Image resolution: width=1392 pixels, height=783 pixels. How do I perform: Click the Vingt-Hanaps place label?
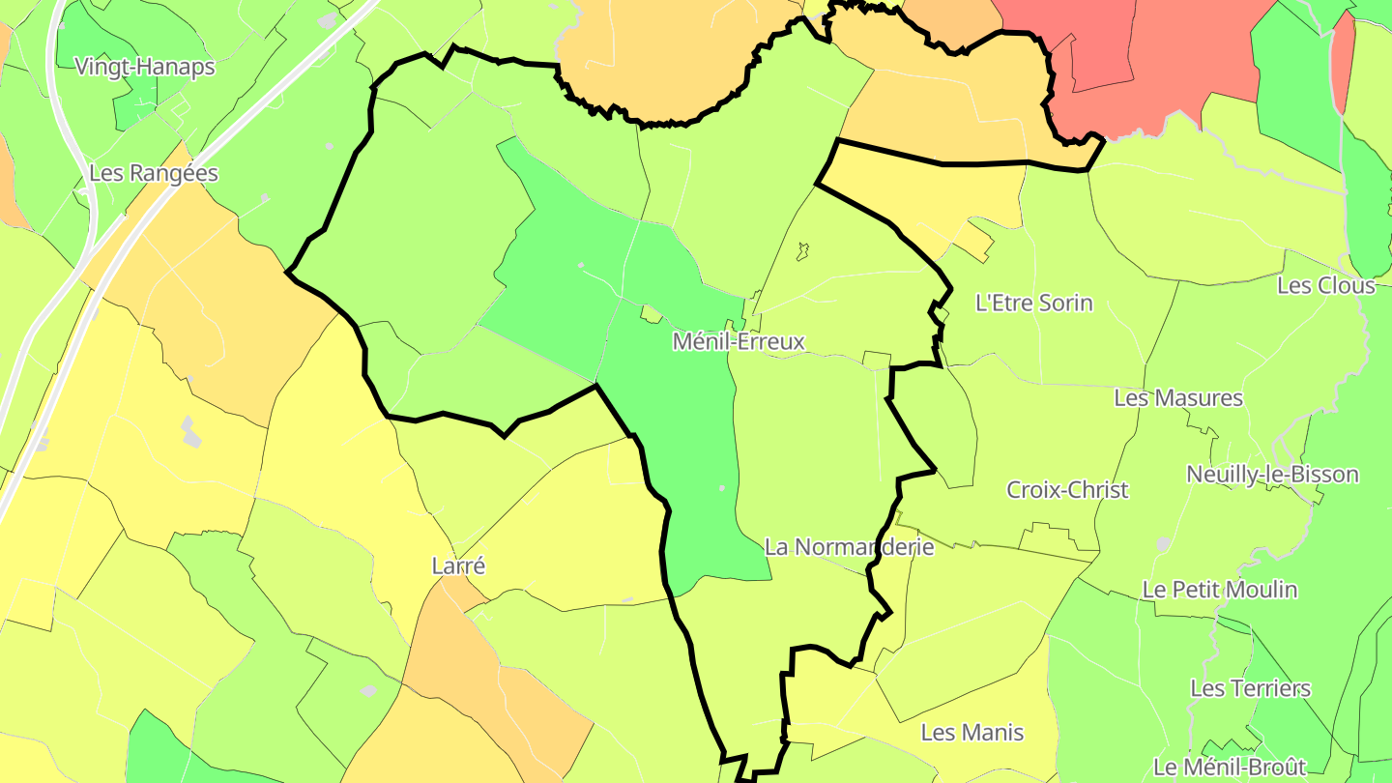tap(145, 67)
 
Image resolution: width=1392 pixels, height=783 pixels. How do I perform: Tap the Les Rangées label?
tap(154, 173)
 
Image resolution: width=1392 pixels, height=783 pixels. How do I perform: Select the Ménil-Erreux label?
tap(739, 341)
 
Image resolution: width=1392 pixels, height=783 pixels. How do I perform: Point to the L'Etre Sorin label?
tap(1034, 303)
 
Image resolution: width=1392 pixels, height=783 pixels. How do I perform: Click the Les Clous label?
tap(1325, 285)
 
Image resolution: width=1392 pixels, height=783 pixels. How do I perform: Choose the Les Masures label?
tap(1178, 397)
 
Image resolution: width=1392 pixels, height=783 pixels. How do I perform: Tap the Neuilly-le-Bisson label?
tap(1272, 474)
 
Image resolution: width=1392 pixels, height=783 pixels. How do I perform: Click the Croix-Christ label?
tap(1067, 489)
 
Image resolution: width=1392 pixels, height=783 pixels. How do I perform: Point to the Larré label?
tap(458, 565)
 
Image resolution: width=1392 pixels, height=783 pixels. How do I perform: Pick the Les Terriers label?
tap(1250, 688)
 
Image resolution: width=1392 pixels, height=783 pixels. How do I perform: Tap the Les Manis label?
tap(971, 732)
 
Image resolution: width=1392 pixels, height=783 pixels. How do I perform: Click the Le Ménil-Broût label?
tap(1230, 767)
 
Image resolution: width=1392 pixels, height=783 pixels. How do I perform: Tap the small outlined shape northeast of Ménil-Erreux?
tap(801, 251)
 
